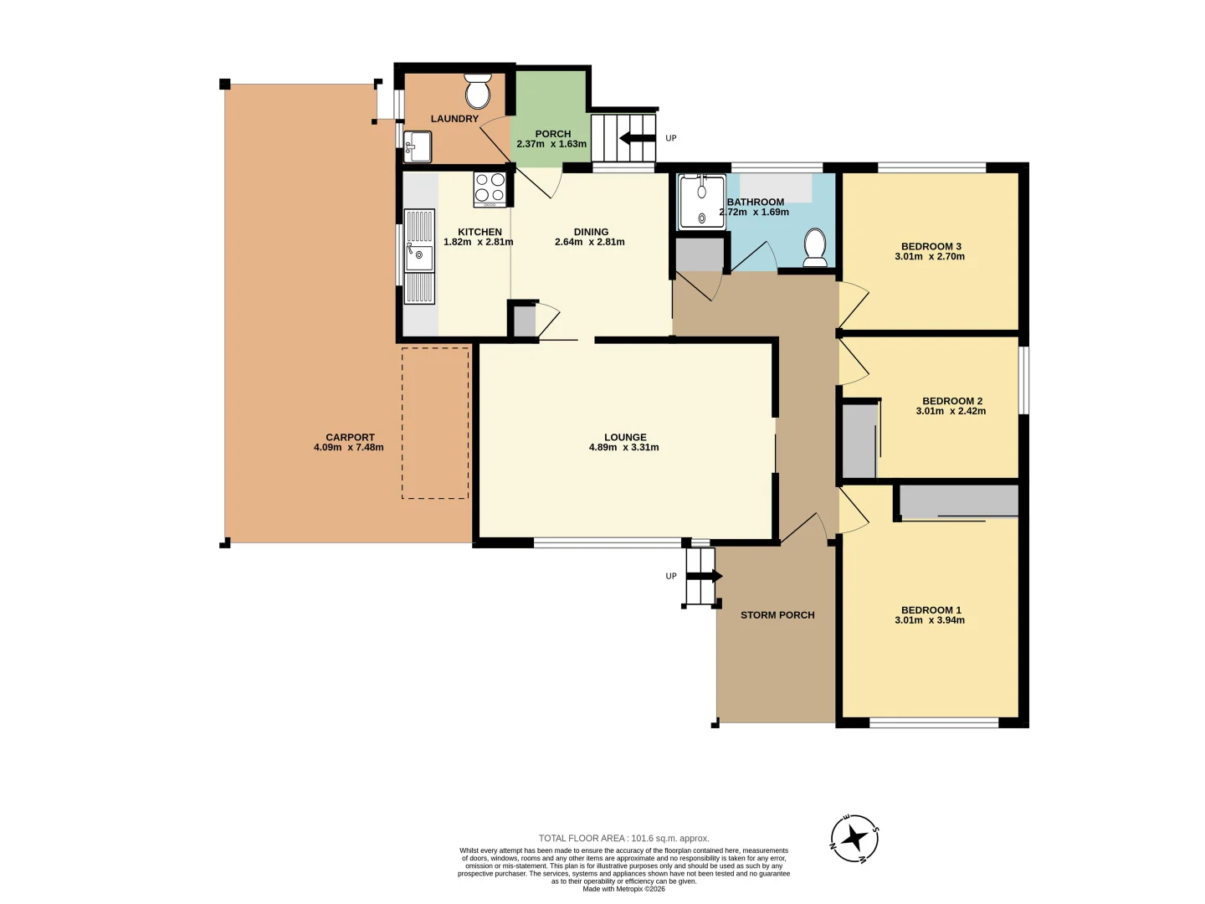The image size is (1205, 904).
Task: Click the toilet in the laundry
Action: (477, 92)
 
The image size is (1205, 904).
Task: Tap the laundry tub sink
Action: (418, 146)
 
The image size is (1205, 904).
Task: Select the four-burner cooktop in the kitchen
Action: (490, 189)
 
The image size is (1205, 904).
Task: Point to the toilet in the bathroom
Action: (815, 248)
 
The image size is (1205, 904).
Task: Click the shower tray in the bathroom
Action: (701, 202)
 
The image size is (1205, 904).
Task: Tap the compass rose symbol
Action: (854, 838)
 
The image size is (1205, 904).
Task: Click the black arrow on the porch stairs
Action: (638, 138)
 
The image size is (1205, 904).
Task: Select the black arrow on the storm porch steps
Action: (705, 576)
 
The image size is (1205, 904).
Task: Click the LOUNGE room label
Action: (625, 438)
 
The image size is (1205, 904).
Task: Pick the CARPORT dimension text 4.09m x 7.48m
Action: (349, 447)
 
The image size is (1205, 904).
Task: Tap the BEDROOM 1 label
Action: (931, 610)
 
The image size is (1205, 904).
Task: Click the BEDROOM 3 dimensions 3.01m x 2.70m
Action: (930, 256)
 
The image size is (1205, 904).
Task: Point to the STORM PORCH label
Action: (777, 615)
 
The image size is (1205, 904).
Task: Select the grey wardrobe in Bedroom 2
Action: (859, 441)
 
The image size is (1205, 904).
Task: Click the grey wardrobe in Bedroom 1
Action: (959, 501)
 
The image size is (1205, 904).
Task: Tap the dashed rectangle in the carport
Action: (435, 424)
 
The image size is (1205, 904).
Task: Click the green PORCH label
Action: (553, 134)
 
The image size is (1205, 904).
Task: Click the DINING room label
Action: (591, 232)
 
